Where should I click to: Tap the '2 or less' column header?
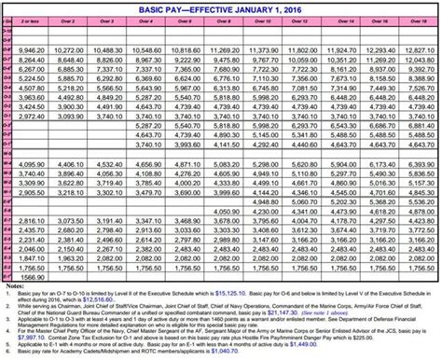point(33,20)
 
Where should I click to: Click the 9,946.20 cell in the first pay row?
point(33,47)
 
